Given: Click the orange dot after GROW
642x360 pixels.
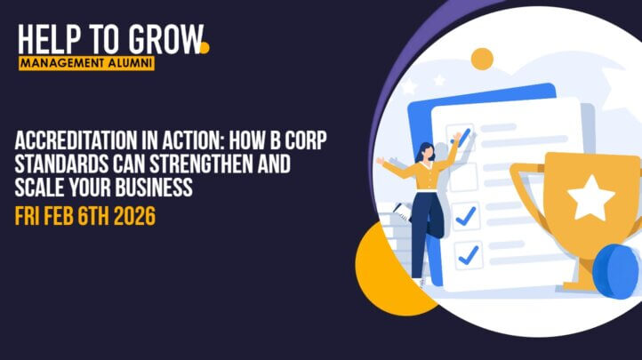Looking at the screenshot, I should pyautogui.click(x=204, y=47).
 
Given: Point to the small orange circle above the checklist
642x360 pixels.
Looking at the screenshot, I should pyautogui.click(x=482, y=60).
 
